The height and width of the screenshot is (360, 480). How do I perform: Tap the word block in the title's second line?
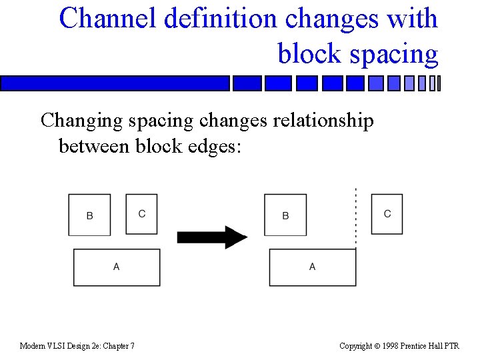tap(308, 53)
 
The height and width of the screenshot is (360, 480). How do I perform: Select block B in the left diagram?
tap(90, 215)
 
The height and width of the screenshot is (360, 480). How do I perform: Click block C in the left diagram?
tap(142, 214)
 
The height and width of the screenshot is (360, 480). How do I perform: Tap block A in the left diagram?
tap(117, 267)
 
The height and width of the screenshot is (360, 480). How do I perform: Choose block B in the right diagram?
tap(285, 215)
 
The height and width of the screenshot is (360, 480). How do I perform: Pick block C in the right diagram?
tap(387, 214)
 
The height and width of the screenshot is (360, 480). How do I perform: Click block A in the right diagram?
tap(312, 267)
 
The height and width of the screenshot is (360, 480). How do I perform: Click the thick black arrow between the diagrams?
tap(212, 237)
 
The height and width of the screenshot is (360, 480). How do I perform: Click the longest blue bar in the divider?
tap(115, 83)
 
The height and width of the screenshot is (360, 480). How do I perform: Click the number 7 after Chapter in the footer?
tap(132, 345)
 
